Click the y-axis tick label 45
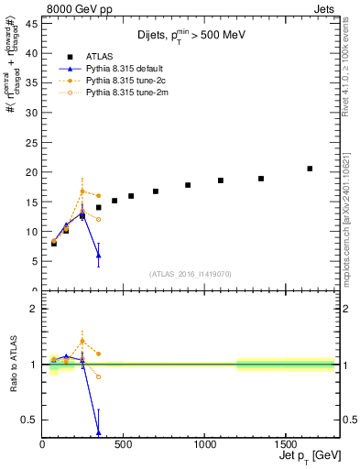[32, 23]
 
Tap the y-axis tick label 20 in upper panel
[32, 172]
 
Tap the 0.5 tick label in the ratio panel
[29, 420]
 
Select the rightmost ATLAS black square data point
[310, 169]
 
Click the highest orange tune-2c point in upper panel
[82, 191]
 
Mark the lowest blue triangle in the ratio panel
[98, 432]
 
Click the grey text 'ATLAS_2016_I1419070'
[191, 273]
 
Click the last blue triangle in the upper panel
[98, 256]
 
